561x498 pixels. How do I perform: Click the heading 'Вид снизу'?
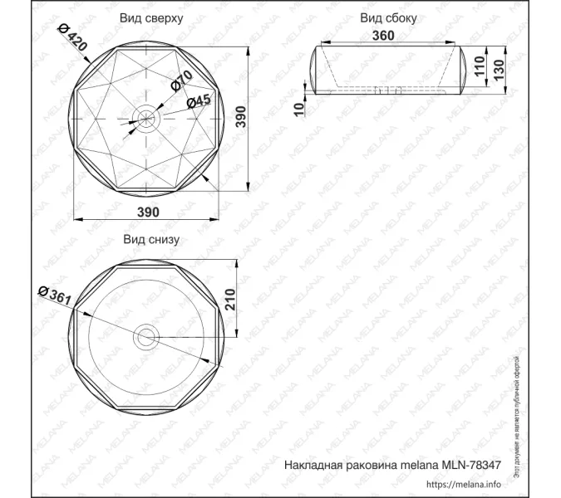tap(151, 239)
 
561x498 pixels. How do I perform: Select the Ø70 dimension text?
tap(183, 81)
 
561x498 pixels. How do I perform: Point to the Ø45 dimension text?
tap(199, 100)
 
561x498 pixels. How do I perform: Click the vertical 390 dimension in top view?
tap(241, 119)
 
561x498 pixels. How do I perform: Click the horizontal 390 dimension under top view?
tap(148, 212)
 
